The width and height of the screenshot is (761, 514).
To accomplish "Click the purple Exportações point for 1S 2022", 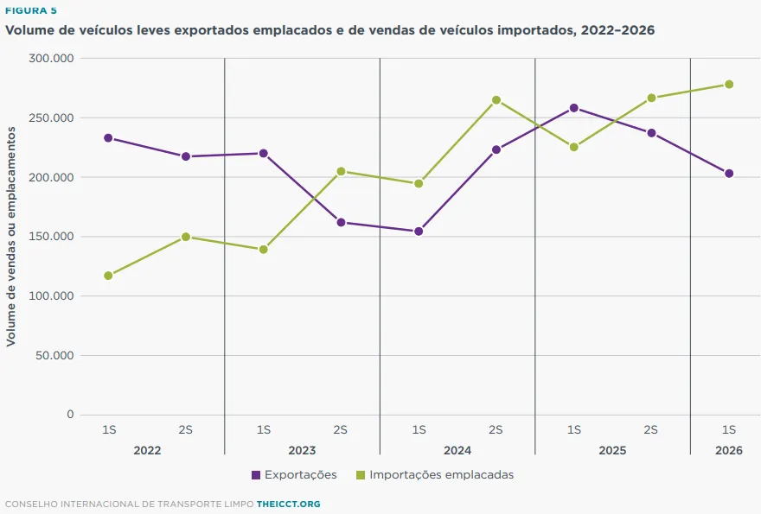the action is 108,138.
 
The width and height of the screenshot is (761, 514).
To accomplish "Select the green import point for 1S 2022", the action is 108,276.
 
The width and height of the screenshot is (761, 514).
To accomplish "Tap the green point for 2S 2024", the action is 496,100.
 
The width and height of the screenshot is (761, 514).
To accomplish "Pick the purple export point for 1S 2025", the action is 573,108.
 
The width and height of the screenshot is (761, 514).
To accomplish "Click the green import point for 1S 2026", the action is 728,85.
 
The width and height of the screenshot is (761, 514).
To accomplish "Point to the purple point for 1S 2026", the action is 728,174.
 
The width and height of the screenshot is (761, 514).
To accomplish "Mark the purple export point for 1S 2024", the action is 419,232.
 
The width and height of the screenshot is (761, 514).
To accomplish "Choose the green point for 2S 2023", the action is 341,171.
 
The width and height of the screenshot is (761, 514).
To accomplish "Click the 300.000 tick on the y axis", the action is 51,58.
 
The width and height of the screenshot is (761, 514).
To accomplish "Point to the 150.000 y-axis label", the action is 51,237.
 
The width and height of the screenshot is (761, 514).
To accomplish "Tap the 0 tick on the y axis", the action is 70,415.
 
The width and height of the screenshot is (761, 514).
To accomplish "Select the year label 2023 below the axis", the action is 302,450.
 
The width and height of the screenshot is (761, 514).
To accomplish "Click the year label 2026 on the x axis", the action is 728,450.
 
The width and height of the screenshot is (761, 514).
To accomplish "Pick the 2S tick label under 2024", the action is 496,430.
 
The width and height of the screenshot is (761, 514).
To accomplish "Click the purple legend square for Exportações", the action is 256,475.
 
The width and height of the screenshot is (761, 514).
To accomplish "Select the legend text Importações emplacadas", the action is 442,475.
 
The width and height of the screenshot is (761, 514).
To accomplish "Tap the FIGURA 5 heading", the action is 31,10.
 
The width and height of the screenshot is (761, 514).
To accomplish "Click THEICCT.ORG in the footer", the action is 288,504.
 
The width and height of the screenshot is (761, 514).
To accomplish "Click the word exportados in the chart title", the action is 211,30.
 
